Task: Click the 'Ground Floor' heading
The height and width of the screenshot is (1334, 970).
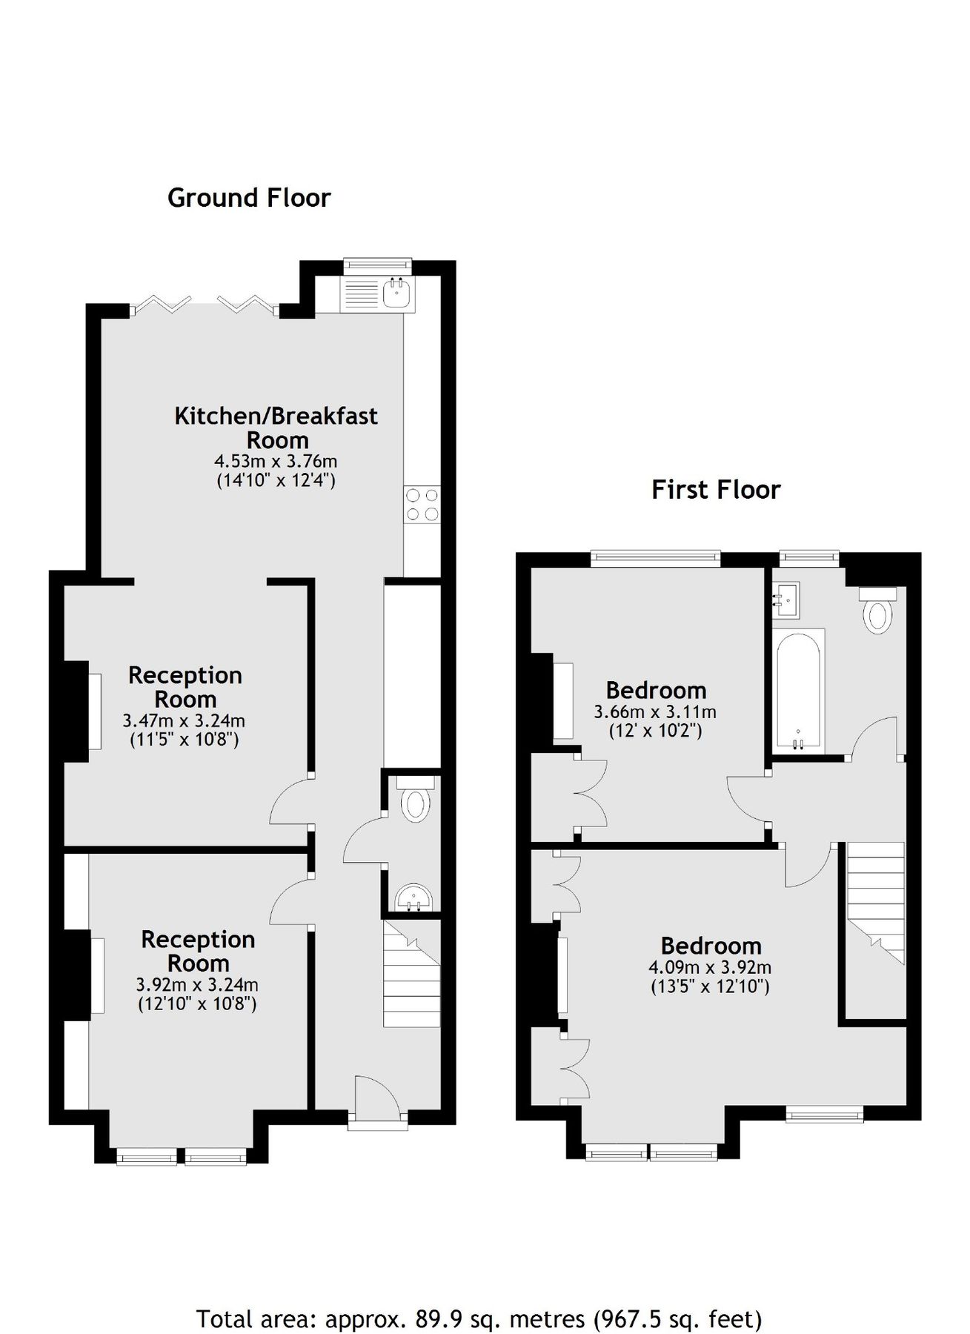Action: pos(249,198)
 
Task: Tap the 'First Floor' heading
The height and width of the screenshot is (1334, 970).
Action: pos(716,490)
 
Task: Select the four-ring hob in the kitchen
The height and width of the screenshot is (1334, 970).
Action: pos(422,505)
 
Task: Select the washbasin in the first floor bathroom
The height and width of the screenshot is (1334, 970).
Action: pos(786,600)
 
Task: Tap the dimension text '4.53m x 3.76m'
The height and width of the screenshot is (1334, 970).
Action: pos(276,461)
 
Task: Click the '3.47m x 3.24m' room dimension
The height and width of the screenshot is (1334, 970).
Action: pos(184,720)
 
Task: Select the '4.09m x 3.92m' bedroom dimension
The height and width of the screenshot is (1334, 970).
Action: pos(710,967)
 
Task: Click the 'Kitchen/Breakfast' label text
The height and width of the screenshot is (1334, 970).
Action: pos(276,416)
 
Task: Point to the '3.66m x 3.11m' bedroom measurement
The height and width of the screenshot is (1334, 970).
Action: pos(655,712)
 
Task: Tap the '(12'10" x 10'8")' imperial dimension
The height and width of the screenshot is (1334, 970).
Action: pos(197,1005)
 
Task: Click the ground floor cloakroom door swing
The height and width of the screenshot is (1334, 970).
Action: pos(362,840)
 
